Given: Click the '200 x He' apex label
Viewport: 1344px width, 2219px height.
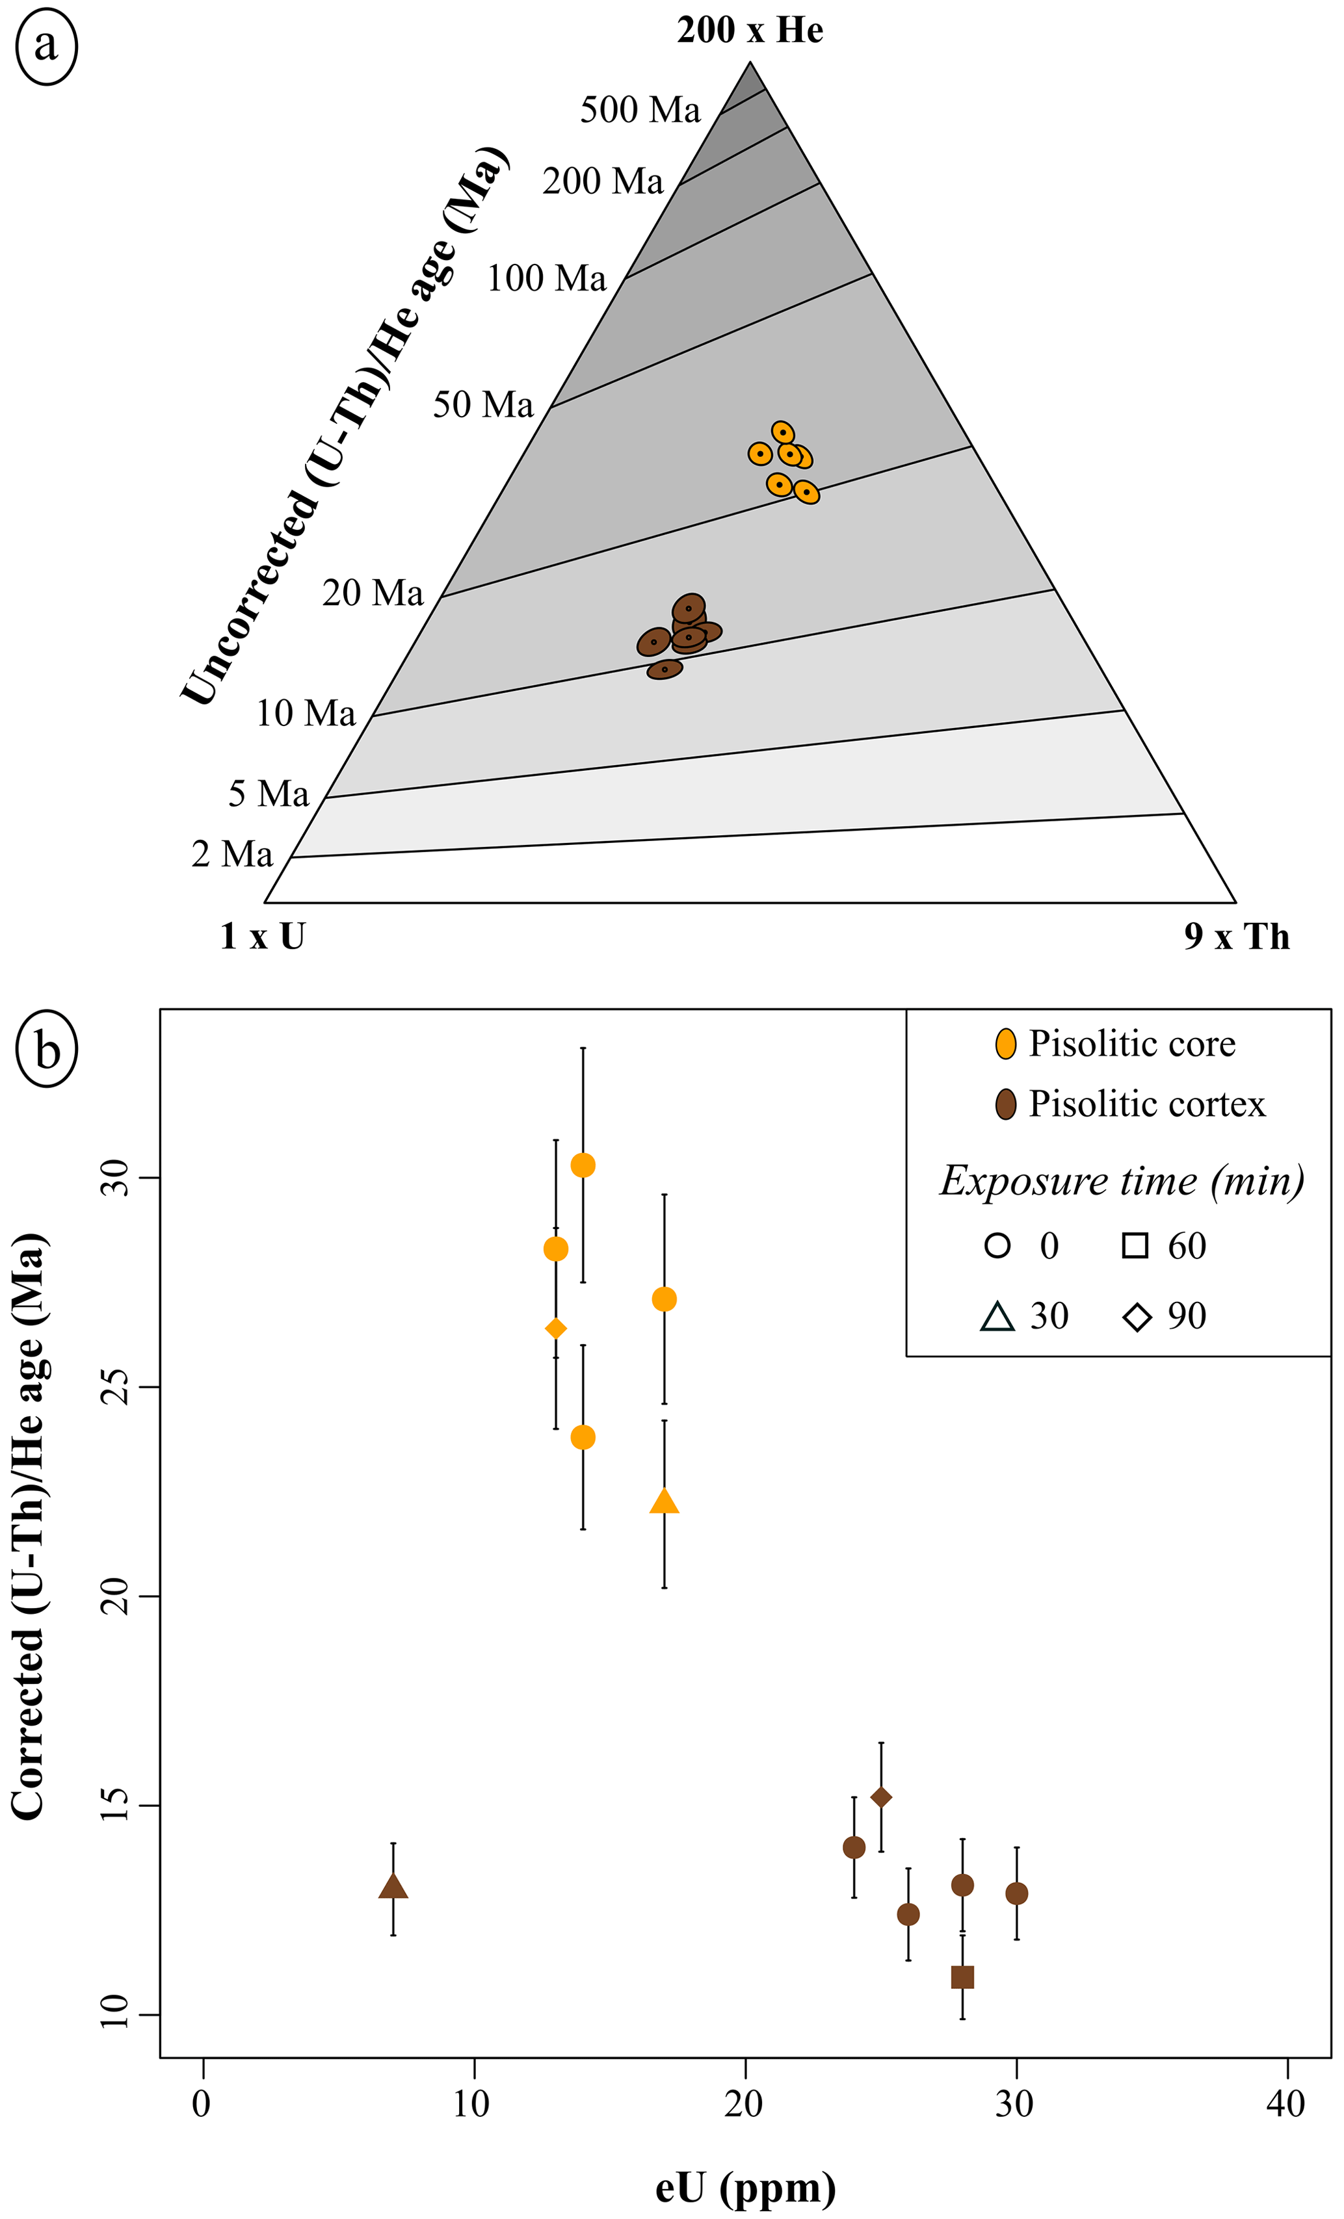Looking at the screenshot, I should tap(750, 31).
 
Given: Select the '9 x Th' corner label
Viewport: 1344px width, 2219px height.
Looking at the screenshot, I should tap(1236, 937).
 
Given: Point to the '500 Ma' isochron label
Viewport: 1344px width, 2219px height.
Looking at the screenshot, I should tap(640, 110).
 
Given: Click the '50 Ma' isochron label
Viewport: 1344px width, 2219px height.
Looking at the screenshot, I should tap(483, 404).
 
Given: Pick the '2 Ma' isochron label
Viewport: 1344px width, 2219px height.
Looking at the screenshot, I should tap(231, 854).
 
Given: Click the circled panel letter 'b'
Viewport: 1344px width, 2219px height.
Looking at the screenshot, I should tap(46, 1050).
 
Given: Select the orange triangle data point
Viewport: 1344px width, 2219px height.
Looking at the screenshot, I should tap(664, 1501).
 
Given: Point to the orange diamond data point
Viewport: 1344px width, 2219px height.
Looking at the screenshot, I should tap(556, 1329).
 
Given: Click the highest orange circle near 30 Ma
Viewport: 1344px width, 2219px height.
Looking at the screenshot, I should tap(583, 1165).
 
